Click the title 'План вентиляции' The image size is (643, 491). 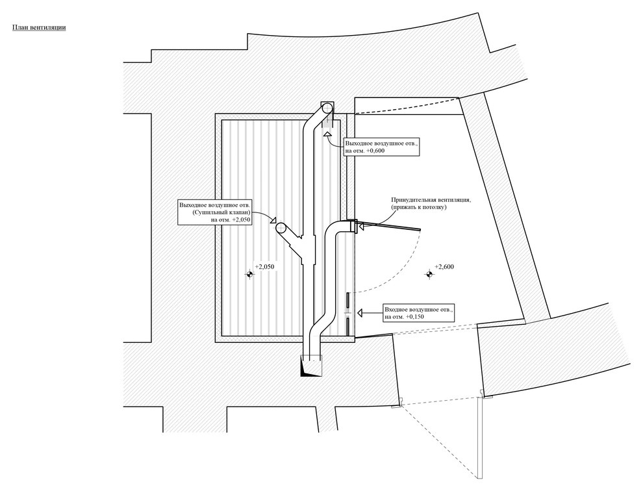tap(39, 27)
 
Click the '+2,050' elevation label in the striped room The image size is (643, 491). tap(264, 267)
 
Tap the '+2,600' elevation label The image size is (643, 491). tap(444, 267)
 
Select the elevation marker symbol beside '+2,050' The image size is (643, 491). tap(249, 273)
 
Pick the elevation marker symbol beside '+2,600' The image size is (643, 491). tap(429, 274)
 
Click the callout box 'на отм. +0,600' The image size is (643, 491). tap(382, 147)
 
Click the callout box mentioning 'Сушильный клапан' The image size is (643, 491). tap(214, 212)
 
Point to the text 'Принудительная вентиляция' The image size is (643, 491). tap(431, 200)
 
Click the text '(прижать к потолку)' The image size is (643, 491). tap(419, 207)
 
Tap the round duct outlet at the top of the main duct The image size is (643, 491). tap(327, 108)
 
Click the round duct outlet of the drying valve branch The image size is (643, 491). tap(281, 228)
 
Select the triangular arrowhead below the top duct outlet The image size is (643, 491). tap(327, 134)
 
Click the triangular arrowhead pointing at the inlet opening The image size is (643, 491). tap(361, 314)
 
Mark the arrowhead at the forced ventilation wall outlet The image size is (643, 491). tap(361, 225)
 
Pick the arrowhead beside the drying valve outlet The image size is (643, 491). tap(273, 221)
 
